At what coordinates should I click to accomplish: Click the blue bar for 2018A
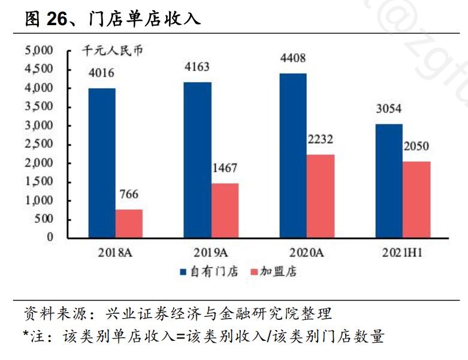pyautogui.click(x=102, y=162)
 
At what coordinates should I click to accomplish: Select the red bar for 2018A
pyautogui.click(x=129, y=223)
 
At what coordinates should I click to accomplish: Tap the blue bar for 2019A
pyautogui.click(x=198, y=159)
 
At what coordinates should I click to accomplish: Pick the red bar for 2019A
pyautogui.click(x=225, y=210)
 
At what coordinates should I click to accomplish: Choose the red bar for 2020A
pyautogui.click(x=321, y=195)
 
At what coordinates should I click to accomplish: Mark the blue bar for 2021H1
pyautogui.click(x=389, y=180)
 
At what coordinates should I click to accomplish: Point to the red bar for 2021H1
pyautogui.click(x=416, y=199)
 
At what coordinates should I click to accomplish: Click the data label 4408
pyautogui.click(x=294, y=59)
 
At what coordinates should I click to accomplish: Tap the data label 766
pyautogui.click(x=129, y=195)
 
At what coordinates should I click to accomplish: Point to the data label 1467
pyautogui.click(x=225, y=170)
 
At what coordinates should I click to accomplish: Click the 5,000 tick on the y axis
pyautogui.click(x=39, y=50)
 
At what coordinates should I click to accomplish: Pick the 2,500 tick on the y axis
pyautogui.click(x=39, y=144)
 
